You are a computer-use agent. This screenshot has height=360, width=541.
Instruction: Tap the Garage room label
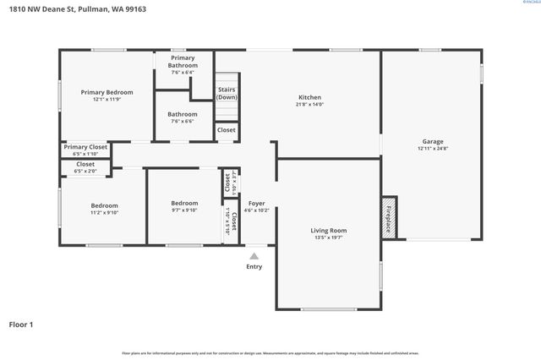tap(433, 141)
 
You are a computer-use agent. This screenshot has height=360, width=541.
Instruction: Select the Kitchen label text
tap(310, 96)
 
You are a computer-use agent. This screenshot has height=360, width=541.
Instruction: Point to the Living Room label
tap(329, 230)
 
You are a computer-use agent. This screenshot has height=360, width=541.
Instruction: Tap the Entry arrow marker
tap(254, 255)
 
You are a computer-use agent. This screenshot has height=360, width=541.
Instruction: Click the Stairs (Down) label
tap(227, 93)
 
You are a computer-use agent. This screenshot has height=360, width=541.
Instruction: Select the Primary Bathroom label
tap(183, 62)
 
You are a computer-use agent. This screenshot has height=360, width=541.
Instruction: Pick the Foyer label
tap(256, 203)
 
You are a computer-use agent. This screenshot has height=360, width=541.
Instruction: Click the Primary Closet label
tap(85, 147)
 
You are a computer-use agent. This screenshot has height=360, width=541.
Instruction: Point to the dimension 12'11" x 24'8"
tap(433, 149)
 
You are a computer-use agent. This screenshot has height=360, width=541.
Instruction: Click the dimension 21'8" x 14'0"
tap(310, 104)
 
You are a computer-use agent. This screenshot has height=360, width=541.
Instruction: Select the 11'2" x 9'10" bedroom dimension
tap(105, 213)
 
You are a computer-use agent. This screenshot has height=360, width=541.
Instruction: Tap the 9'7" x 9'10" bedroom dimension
tap(184, 210)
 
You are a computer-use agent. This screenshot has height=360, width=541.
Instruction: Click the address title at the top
tap(74, 9)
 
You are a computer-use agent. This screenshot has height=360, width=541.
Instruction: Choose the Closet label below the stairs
tap(227, 130)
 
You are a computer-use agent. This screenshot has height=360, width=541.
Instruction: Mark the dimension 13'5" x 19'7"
tap(329, 237)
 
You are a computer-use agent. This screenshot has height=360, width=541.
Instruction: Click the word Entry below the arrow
tap(254, 266)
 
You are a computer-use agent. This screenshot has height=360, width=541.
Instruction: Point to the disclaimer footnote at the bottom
tap(270, 352)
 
